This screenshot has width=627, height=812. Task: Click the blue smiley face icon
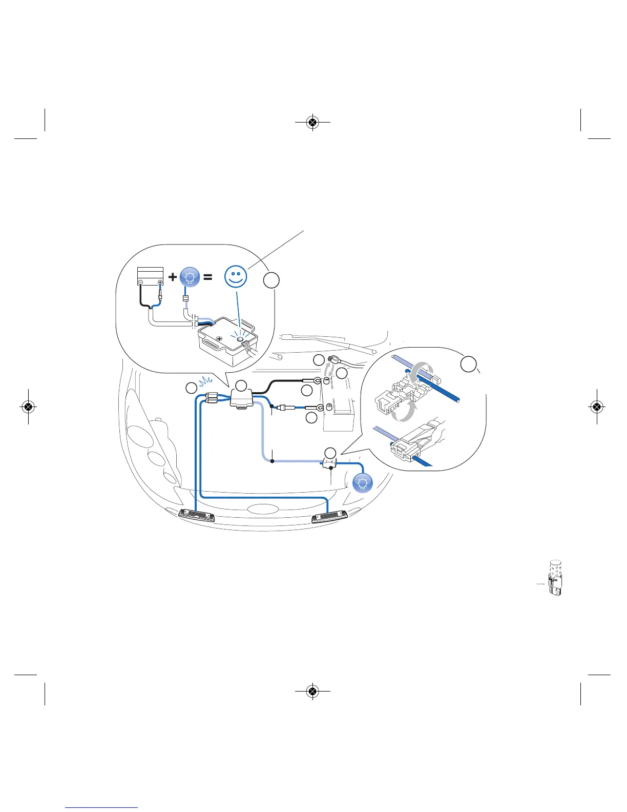tap(236, 277)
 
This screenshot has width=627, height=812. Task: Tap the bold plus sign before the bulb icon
tap(173, 277)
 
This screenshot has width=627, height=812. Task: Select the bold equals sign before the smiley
tap(207, 277)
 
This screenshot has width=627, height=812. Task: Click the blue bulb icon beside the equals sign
tap(190, 277)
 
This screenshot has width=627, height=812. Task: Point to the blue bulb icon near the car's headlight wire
tap(363, 483)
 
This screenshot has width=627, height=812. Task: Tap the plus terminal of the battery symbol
tap(160, 282)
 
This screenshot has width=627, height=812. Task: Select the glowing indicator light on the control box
tap(239, 339)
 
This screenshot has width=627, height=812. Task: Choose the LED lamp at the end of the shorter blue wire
tap(197, 516)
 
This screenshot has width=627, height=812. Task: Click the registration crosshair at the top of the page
tap(312, 123)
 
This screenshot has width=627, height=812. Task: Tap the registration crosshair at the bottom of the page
tap(312, 692)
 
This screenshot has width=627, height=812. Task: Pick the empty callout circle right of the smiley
tap(272, 280)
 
